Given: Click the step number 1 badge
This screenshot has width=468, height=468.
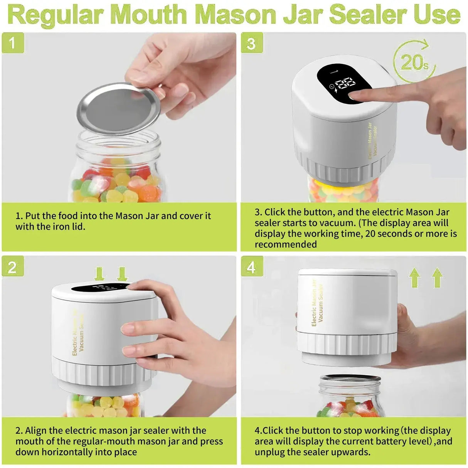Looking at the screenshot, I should coord(13,43).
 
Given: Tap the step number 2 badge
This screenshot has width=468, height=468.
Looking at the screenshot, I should coord(13,267).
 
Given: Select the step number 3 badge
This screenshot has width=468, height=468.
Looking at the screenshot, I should coord(252,43).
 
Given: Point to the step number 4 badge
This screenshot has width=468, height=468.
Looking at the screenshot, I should coord(252,267).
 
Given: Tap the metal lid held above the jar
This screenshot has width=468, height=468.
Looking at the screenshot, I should coord(118,109).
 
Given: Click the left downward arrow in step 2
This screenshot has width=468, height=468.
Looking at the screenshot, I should coord(99,274).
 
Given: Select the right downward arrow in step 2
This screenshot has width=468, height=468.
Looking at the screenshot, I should coord(122,274).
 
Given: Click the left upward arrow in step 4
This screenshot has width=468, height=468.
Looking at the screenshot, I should coord(414,278).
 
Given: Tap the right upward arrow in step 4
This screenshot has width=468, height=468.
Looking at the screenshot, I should coord(437,278).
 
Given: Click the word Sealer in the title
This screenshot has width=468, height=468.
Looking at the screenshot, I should coord(364,15).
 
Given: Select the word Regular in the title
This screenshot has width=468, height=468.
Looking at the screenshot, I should coord(56,15).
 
